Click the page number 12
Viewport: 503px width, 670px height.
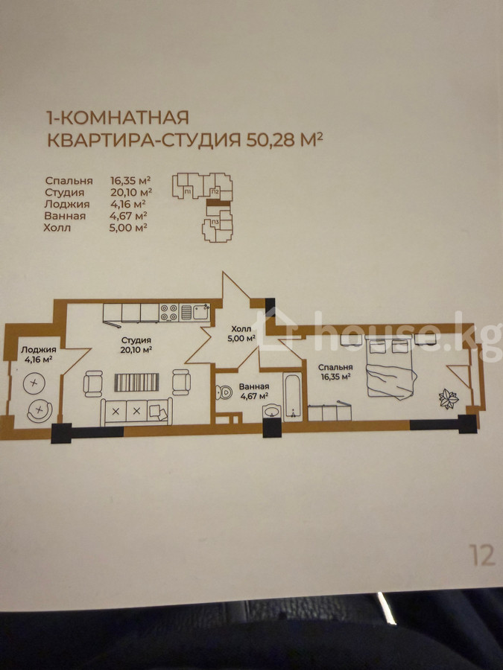tap(482, 555)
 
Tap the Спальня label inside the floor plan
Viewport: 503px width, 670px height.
tap(336, 367)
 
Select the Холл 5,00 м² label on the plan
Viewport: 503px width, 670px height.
tap(241, 334)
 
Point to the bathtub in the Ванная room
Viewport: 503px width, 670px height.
tap(293, 397)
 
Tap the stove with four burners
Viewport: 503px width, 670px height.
tap(168, 313)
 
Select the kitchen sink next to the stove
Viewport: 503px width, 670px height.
tap(194, 312)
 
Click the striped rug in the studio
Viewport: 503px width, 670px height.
tap(136, 382)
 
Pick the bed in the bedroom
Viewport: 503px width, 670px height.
tap(389, 367)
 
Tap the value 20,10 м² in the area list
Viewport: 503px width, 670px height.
tap(131, 192)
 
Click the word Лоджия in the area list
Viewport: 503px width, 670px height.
tap(67, 204)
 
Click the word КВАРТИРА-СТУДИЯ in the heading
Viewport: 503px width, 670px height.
tap(144, 140)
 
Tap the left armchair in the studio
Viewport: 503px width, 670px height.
tap(93, 383)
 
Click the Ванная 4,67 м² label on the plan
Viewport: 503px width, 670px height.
tap(254, 391)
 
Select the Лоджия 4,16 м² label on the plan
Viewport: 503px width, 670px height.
tap(39, 354)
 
